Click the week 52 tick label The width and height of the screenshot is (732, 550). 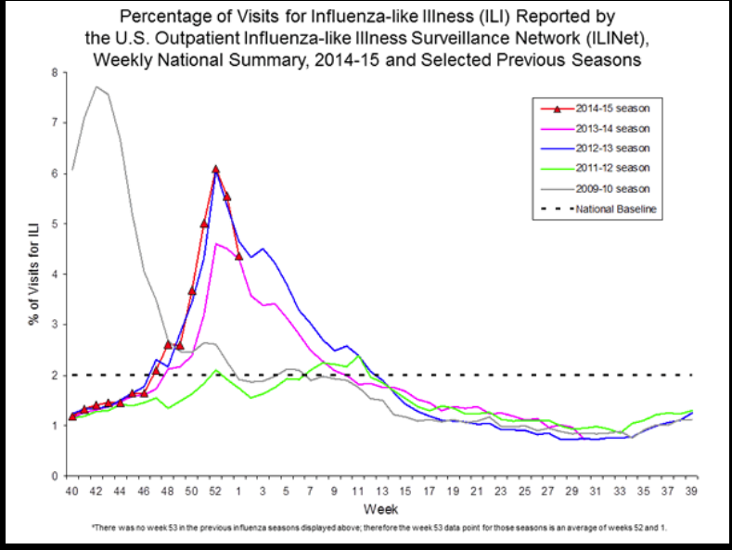click(215, 490)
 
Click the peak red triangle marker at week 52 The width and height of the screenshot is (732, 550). click(215, 170)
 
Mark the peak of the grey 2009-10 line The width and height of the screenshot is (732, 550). click(96, 86)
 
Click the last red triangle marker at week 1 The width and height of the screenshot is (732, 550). click(238, 256)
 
